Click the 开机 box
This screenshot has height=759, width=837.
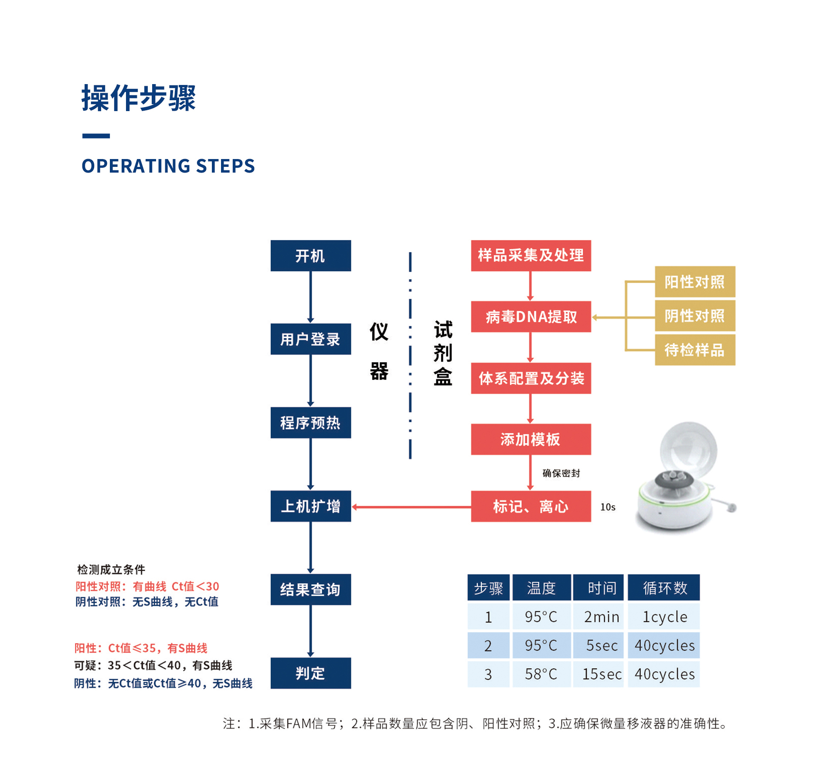coord(310,256)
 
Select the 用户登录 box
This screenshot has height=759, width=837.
coord(310,339)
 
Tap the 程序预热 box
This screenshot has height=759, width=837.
coord(310,423)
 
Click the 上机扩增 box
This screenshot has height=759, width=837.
coord(310,506)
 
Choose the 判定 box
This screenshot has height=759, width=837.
coord(310,673)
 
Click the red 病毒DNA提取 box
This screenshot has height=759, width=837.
coord(531,317)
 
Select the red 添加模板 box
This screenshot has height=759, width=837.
coord(531,439)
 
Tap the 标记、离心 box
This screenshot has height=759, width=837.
coord(531,506)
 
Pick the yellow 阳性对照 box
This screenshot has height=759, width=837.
coord(695,282)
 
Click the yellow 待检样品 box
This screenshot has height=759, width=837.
coord(695,350)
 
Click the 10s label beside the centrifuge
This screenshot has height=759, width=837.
coord(608,507)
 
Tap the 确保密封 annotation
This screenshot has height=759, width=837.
coord(561,473)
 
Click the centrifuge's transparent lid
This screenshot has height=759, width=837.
coord(689,449)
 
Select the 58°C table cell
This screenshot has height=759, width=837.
coord(541,674)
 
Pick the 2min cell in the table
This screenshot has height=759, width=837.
coord(602,617)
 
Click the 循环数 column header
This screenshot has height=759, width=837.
coord(664,588)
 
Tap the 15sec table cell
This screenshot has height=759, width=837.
coord(602,674)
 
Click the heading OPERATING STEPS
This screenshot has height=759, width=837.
coord(168,166)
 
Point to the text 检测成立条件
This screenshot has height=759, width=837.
coord(111,569)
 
